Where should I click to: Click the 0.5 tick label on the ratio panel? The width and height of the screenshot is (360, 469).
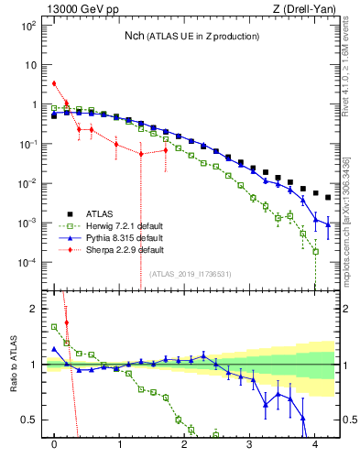[27, 420]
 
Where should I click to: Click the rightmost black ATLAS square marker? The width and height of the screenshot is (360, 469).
[328, 197]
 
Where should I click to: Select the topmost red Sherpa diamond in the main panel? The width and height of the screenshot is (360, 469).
[54, 83]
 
